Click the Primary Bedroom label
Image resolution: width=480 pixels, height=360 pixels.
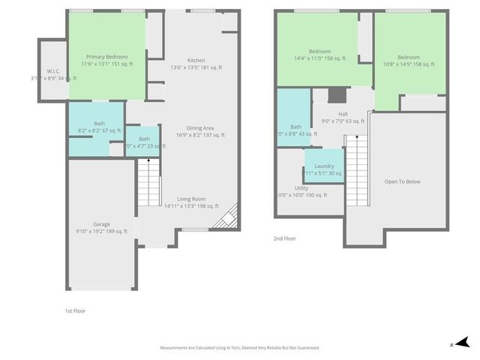pos(106,57)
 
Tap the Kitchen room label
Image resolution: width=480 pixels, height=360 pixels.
pos(196,61)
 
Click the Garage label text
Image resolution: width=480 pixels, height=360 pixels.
pos(101,223)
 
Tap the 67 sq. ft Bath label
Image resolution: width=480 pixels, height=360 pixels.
pos(99,124)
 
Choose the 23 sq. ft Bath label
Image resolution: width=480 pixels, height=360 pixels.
pos(144,139)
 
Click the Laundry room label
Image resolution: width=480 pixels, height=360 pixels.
pos(324,166)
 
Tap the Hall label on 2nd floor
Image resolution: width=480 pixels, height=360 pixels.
pos(343,114)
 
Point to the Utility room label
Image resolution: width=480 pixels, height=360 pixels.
pos(301,188)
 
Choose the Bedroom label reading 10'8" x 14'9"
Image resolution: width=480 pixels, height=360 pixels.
pos(408,58)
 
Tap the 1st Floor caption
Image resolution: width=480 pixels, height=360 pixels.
pos(75,309)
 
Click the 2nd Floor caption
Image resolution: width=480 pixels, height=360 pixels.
pos(284,238)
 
